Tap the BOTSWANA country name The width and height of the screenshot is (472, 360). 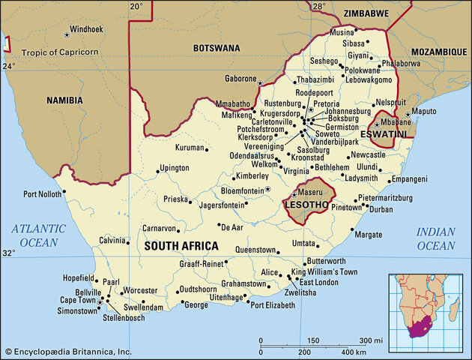217,47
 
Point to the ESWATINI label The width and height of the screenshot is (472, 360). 383,133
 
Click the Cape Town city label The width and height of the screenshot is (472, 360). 76,300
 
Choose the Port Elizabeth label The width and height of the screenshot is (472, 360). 278,305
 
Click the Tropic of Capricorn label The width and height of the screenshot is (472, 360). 61,52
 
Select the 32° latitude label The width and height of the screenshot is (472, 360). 8,253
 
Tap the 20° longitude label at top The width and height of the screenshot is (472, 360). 136,7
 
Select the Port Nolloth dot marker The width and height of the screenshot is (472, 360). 64,191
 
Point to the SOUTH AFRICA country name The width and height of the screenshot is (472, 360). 181,245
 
